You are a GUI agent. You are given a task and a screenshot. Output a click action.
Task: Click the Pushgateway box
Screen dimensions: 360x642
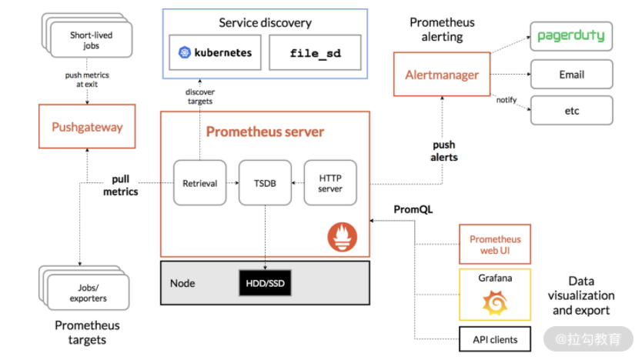[87, 127]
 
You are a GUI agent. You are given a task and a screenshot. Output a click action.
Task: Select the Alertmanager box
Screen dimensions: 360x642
[442, 75]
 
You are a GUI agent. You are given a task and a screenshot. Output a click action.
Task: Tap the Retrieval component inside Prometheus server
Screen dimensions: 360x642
[199, 183]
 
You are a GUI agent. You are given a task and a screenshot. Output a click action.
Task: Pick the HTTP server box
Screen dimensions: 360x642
[330, 183]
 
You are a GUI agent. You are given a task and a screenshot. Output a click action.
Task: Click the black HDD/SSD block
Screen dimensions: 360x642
[265, 283]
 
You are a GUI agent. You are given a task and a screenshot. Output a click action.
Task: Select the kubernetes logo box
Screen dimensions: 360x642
[216, 54]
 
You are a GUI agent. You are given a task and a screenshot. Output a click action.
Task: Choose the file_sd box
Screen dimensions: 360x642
[314, 54]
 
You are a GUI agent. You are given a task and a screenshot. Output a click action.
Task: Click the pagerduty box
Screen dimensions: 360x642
[570, 36]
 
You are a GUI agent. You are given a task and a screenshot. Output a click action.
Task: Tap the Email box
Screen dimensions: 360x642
[571, 75]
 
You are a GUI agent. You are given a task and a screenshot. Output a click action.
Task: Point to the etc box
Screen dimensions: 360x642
[571, 111]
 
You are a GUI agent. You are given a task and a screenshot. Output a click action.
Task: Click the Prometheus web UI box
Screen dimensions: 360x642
[494, 245]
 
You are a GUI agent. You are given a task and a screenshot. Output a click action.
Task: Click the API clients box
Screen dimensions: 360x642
[494, 338]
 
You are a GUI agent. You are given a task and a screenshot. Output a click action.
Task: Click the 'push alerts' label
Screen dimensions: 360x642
[443, 151]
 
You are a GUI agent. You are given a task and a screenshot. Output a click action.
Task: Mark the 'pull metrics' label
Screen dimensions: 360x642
[120, 185]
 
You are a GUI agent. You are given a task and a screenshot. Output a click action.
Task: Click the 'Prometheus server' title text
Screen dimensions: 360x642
[265, 132]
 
